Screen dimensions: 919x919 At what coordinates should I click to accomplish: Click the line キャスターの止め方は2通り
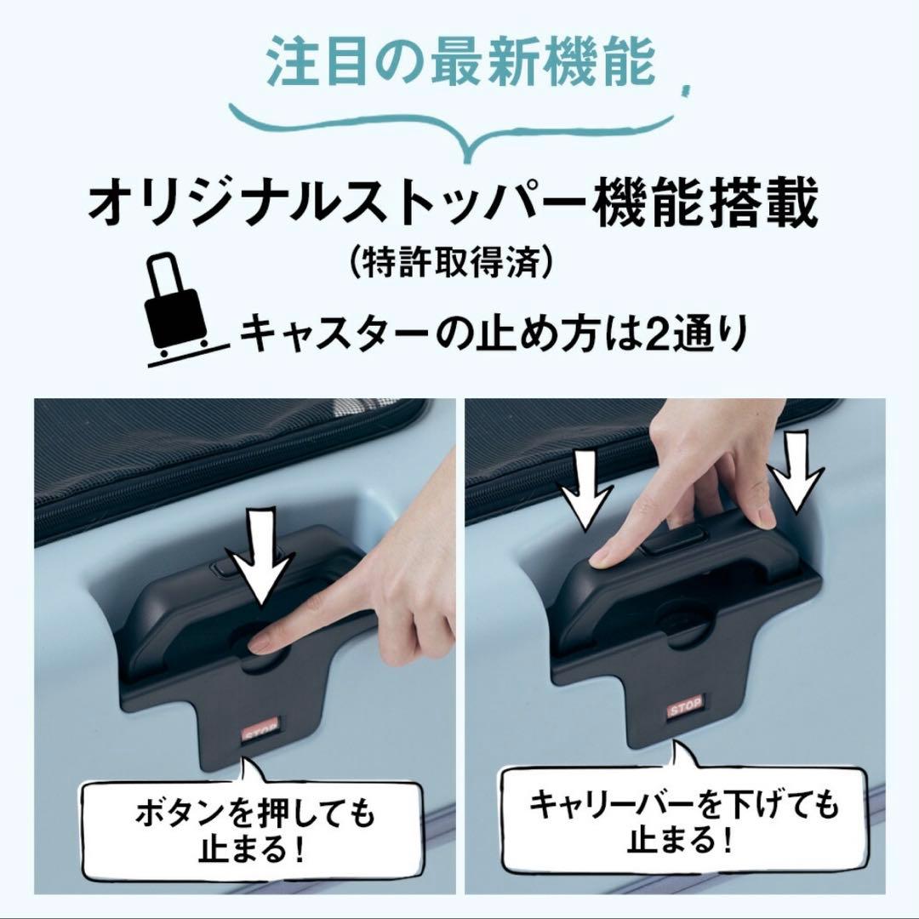pyautogui.click(x=493, y=334)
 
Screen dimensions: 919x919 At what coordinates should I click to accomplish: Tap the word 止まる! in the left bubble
pyautogui.click(x=253, y=849)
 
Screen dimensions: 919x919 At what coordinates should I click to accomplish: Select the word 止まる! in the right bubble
pyautogui.click(x=681, y=842)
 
